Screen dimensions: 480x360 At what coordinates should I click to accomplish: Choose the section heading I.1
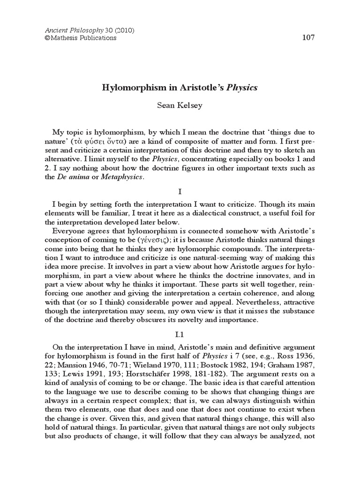[180, 336]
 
